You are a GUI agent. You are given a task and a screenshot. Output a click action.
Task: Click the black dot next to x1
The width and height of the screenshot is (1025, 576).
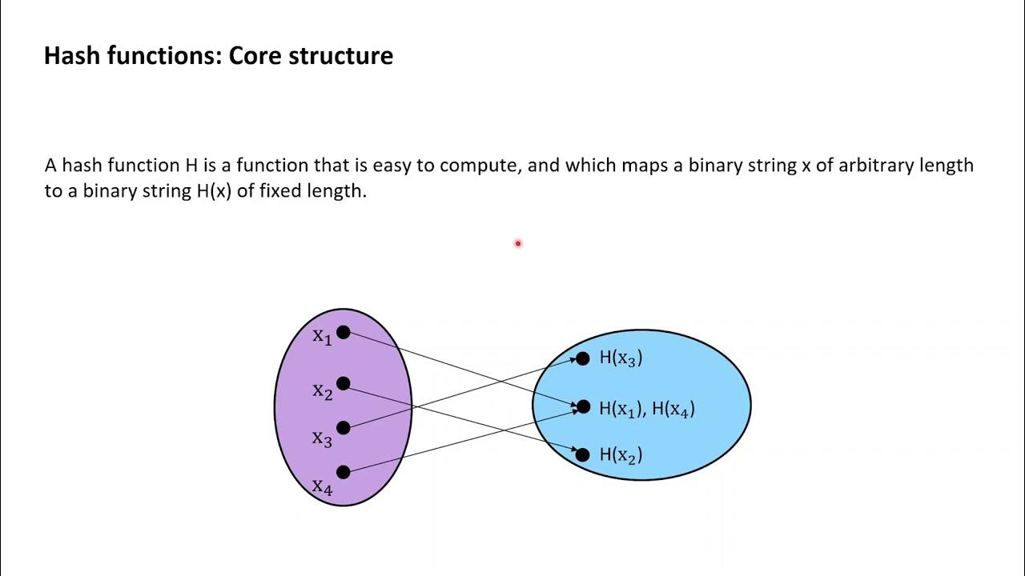[344, 332]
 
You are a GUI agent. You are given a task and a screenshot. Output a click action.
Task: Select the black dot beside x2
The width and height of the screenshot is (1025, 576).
[344, 384]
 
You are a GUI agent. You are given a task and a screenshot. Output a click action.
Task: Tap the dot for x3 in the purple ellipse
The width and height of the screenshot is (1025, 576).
[344, 428]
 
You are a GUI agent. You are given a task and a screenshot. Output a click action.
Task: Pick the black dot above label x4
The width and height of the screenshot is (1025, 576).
[344, 472]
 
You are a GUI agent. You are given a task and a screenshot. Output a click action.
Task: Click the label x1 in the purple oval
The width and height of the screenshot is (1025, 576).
[322, 337]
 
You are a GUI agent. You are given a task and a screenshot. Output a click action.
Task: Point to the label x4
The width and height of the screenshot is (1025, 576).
[322, 486]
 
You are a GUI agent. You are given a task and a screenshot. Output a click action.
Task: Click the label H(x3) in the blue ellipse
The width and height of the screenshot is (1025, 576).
[621, 358]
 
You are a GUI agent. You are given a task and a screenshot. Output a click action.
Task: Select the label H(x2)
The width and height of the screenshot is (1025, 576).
[621, 455]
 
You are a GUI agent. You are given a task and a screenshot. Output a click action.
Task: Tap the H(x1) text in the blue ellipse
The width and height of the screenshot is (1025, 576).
[621, 409]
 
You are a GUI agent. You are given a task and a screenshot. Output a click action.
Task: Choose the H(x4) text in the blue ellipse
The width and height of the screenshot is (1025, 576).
[673, 409]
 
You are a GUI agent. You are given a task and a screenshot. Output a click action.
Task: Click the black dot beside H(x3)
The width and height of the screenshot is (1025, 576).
[583, 359]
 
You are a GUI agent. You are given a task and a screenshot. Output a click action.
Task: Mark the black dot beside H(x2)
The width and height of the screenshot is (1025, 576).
[583, 454]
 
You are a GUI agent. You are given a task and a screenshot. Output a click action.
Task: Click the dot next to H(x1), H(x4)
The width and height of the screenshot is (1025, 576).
[583, 407]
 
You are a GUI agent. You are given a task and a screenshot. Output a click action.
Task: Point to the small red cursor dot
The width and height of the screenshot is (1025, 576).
[518, 243]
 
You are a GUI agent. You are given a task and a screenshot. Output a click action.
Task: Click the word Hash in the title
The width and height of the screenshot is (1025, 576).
[70, 56]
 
